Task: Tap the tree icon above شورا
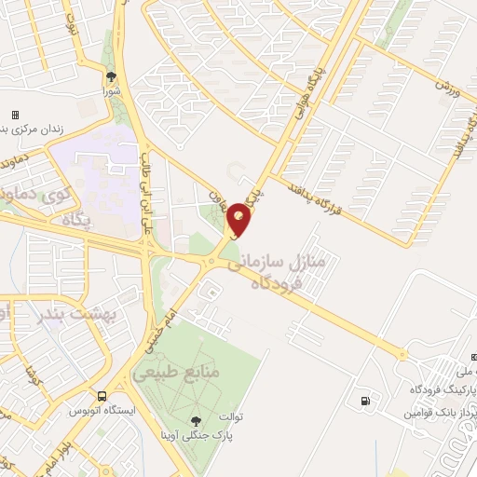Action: point(112,77)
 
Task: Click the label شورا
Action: point(112,92)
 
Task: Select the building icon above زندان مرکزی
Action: point(15,115)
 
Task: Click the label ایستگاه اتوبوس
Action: point(103,410)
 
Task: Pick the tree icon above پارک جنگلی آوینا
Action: point(196,421)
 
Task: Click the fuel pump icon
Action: point(363,402)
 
